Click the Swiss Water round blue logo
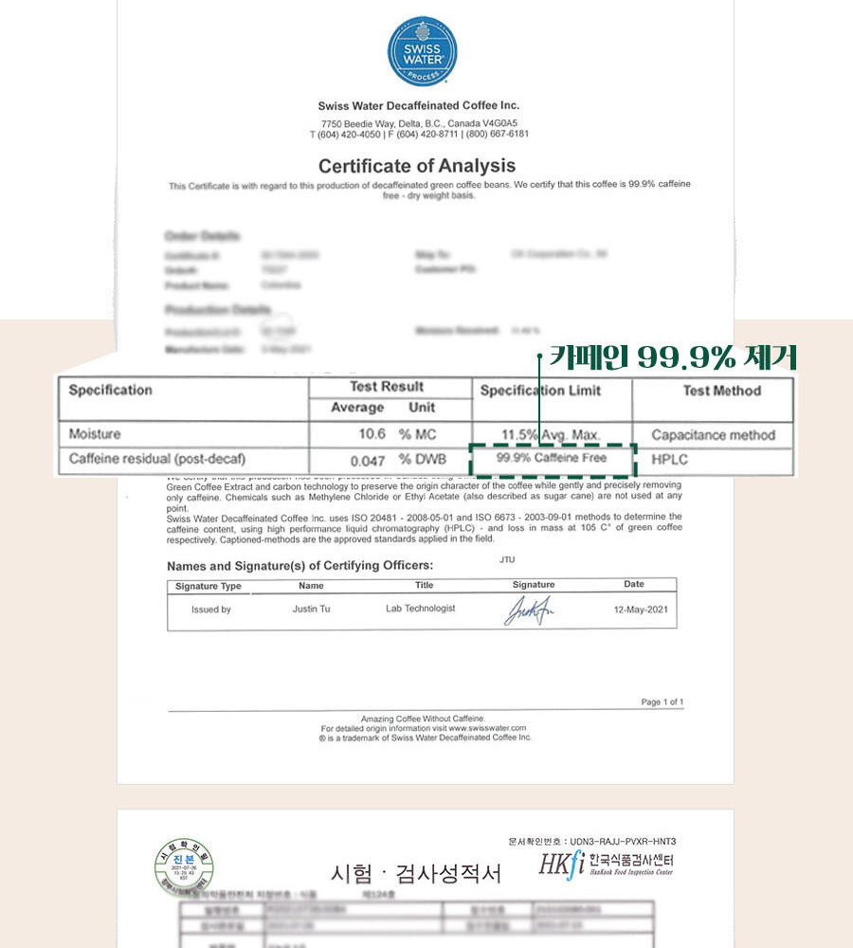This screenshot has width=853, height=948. [422, 51]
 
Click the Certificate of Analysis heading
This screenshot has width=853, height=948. [417, 165]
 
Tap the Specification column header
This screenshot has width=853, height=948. [110, 391]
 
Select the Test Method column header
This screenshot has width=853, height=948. [721, 391]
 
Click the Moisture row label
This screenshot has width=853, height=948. [95, 434]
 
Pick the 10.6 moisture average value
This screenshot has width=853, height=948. [372, 435]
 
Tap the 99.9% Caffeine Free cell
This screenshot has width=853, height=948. [552, 459]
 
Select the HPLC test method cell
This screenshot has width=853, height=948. [670, 460]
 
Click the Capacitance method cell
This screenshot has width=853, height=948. [713, 435]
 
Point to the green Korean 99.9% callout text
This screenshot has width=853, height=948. [673, 356]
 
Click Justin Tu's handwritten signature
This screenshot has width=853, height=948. [532, 611]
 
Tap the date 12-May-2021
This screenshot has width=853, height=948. [640, 610]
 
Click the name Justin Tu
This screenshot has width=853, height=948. [312, 609]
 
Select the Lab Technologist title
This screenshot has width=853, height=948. [420, 609]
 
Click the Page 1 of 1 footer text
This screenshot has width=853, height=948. [662, 702]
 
